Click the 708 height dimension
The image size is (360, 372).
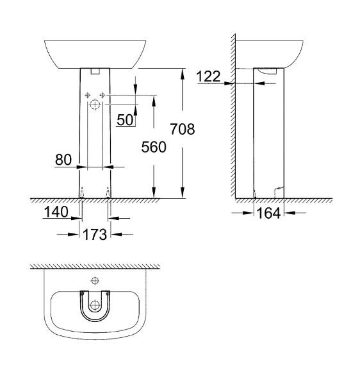click(182, 129)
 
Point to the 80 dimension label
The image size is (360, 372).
click(63, 160)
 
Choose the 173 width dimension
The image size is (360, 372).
click(95, 234)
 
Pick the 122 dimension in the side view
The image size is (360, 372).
click(208, 76)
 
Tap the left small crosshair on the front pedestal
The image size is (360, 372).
click(88, 94)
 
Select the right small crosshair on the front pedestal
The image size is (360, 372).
click(102, 94)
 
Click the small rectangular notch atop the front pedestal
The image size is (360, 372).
click(95, 71)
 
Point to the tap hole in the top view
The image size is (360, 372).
click(95, 280)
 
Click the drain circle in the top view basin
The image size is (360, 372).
click(95, 305)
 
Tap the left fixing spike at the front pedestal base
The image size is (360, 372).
click(83, 192)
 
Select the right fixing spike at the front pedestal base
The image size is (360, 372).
click(108, 192)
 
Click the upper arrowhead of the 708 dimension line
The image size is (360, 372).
click(183, 72)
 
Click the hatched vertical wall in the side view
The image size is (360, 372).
click(234, 115)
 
